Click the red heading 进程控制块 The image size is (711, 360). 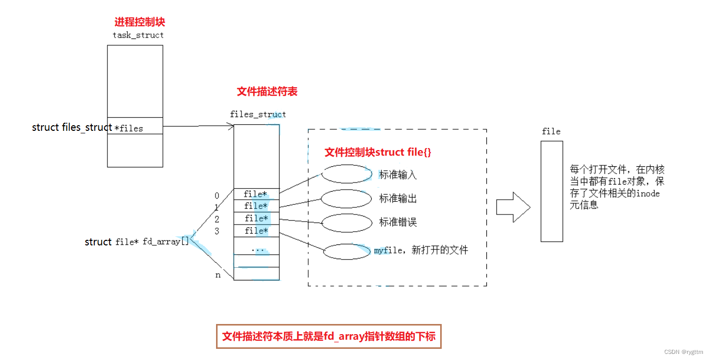[139, 22]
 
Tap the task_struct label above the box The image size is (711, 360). [138, 35]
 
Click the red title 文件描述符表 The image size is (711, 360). [267, 92]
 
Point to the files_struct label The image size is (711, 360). [258, 114]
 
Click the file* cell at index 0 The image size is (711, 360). [257, 194]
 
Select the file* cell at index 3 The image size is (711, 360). [257, 231]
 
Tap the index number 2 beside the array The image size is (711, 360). [217, 219]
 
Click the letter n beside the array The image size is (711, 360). [218, 275]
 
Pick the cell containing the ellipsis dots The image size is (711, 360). [257, 249]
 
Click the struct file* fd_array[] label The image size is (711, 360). [136, 242]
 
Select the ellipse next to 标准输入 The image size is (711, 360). [347, 174]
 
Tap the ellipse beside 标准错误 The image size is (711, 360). [347, 223]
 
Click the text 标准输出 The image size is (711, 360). [398, 198]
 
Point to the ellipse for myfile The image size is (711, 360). [347, 251]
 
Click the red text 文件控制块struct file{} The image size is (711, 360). [377, 152]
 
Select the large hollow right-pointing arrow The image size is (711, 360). [513, 207]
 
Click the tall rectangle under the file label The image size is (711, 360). [551, 191]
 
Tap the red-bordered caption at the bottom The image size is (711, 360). [329, 336]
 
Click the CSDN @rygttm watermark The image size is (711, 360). [685, 352]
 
